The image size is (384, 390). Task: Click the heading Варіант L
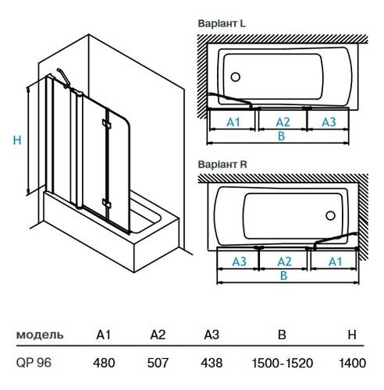click(x=222, y=23)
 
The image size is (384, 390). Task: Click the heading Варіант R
click(x=222, y=165)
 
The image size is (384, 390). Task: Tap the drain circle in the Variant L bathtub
click(x=236, y=77)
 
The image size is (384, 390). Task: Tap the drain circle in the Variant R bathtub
click(x=330, y=215)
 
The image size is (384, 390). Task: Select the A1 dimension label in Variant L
click(x=233, y=122)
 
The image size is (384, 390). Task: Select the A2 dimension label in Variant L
click(x=283, y=122)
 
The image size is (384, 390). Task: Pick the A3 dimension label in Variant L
click(x=329, y=122)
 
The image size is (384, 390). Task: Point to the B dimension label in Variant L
click(x=281, y=136)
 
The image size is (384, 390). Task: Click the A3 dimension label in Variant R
click(x=240, y=261)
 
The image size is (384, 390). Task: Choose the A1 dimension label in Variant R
click(x=335, y=261)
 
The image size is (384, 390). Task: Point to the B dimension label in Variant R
click(x=283, y=275)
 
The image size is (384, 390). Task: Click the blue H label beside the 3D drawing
click(x=17, y=140)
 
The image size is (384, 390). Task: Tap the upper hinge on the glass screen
click(x=106, y=124)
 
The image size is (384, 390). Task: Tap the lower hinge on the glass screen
click(x=106, y=203)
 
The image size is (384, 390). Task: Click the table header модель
click(x=40, y=335)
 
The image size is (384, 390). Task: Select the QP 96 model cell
click(x=34, y=363)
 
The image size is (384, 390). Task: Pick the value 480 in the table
click(x=104, y=363)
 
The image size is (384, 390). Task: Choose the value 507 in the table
click(x=158, y=363)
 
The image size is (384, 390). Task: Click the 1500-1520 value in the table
click(x=283, y=363)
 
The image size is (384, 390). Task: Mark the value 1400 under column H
click(x=353, y=363)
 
